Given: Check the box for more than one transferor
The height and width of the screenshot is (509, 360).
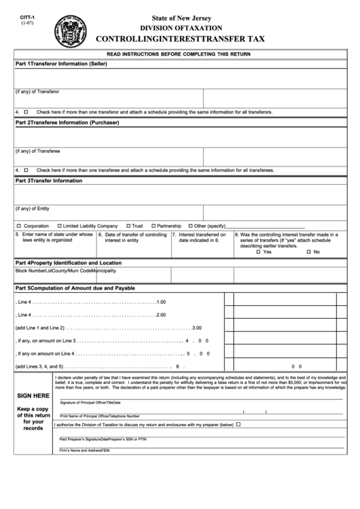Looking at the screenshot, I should coord(26,111).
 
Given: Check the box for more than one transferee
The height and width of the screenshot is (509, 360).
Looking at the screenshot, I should coord(26,170).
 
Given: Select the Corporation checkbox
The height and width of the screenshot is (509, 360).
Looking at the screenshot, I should coord(18,226).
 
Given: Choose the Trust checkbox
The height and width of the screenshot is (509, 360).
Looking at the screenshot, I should coord(127,226).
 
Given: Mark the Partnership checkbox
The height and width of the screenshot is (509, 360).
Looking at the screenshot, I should coord(154,226).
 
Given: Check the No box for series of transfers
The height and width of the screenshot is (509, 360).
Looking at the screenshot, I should coord(308,252).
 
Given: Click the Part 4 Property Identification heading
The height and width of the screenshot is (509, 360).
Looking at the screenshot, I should coord(69,262).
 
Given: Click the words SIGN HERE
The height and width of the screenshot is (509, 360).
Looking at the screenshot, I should coord(33,395).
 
